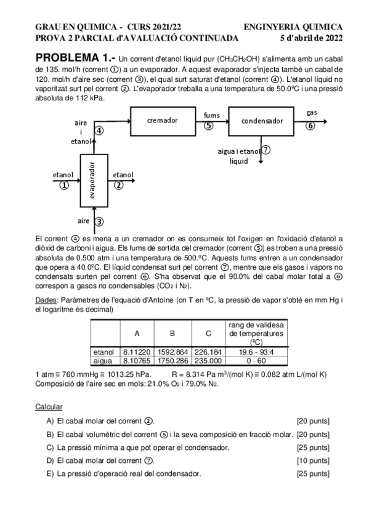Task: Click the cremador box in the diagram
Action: tap(163, 121)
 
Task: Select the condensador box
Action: tap(261, 121)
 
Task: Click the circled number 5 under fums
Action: tap(209, 126)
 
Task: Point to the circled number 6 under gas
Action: tap(310, 125)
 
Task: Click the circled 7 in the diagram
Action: tap(266, 150)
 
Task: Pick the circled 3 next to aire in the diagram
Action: tap(99, 221)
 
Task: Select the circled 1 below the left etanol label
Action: tap(63, 186)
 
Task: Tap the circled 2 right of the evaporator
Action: tap(119, 185)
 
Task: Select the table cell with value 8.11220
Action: tap(133, 351)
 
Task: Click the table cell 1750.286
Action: tap(172, 360)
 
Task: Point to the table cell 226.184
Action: tap(209, 351)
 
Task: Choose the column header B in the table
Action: tap(172, 334)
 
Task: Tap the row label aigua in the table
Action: tap(103, 360)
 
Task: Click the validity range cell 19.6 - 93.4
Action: tap(256, 351)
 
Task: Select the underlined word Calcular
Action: tap(49, 407)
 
